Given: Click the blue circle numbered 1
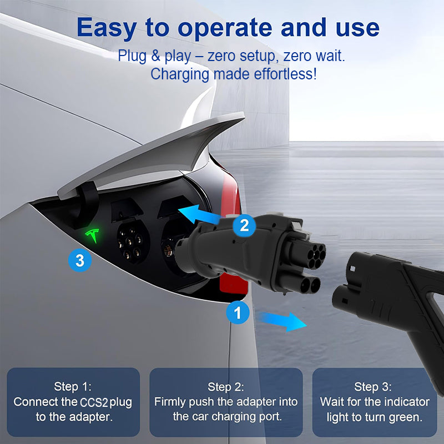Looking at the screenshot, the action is (x=238, y=312).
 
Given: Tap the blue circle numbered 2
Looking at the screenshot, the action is (x=244, y=225).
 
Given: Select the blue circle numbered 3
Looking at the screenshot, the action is (x=80, y=260).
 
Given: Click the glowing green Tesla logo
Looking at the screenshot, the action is (x=93, y=235).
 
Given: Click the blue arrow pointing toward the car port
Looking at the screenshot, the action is (x=199, y=214).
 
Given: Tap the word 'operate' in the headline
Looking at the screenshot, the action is (x=225, y=28).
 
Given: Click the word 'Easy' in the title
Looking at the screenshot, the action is (x=107, y=28).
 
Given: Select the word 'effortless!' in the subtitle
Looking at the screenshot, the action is (x=285, y=74).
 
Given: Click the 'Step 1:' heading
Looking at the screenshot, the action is (x=73, y=386).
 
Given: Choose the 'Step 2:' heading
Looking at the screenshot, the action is (x=226, y=387).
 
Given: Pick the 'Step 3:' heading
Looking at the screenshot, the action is (x=372, y=387).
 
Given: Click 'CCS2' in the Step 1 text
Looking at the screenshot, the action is (x=94, y=402).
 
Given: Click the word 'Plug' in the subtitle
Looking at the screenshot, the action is (x=132, y=56).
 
